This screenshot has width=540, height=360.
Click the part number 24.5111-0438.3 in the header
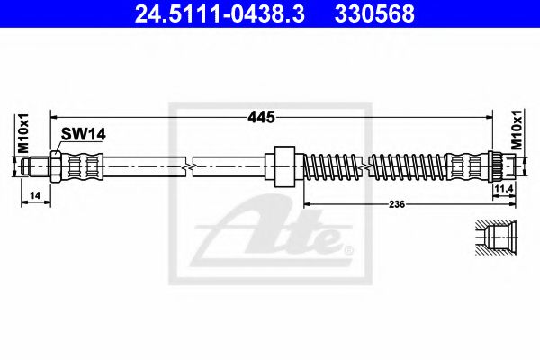click(220, 13)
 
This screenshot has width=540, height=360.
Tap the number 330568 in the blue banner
click(374, 13)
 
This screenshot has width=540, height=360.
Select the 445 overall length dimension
click(262, 117)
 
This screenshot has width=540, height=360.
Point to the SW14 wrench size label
click(84, 134)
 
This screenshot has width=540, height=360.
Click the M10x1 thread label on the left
click(23, 134)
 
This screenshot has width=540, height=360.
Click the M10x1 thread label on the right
click(517, 130)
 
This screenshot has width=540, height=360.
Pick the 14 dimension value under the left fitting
click(35, 195)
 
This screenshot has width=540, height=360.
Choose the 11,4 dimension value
click(504, 188)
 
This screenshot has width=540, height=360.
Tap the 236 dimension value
click(397, 204)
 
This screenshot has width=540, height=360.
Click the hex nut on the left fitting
click(56, 166)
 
